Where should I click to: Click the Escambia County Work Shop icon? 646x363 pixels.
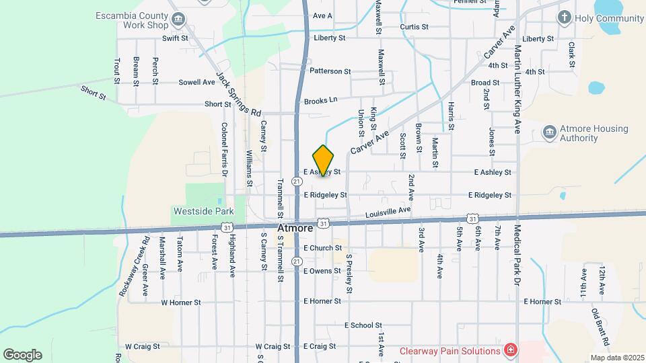pos(179,19)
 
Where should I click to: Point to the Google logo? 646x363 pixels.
pos(22,355)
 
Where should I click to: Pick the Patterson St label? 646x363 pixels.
pos(330,71)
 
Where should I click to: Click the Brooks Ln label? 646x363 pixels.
pos(320,101)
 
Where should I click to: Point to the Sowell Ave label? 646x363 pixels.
pos(196,82)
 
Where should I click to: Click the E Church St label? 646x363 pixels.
pos(322,248)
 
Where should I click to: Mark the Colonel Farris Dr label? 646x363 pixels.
pos(225,149)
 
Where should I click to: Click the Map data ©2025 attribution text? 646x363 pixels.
pos(616,358)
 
